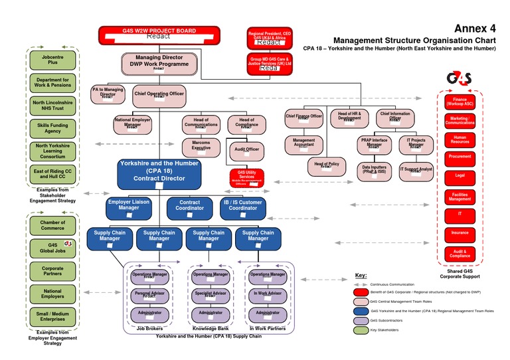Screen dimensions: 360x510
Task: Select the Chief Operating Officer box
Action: (x=159, y=96)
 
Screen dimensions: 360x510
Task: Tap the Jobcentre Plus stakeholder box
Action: (x=53, y=60)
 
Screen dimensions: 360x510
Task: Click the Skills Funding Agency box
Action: (x=53, y=128)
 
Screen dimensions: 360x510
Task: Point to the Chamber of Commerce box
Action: (x=53, y=226)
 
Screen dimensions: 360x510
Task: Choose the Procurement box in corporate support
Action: (x=460, y=157)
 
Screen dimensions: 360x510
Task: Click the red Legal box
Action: (x=460, y=176)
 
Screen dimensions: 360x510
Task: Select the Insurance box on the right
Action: (x=460, y=233)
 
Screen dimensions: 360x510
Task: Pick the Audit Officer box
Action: (x=247, y=151)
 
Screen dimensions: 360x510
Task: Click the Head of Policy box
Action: (x=327, y=166)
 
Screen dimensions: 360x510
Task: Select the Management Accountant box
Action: (x=303, y=144)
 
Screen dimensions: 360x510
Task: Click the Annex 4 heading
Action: (x=475, y=29)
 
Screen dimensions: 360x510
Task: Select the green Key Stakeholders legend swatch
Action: (x=361, y=329)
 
